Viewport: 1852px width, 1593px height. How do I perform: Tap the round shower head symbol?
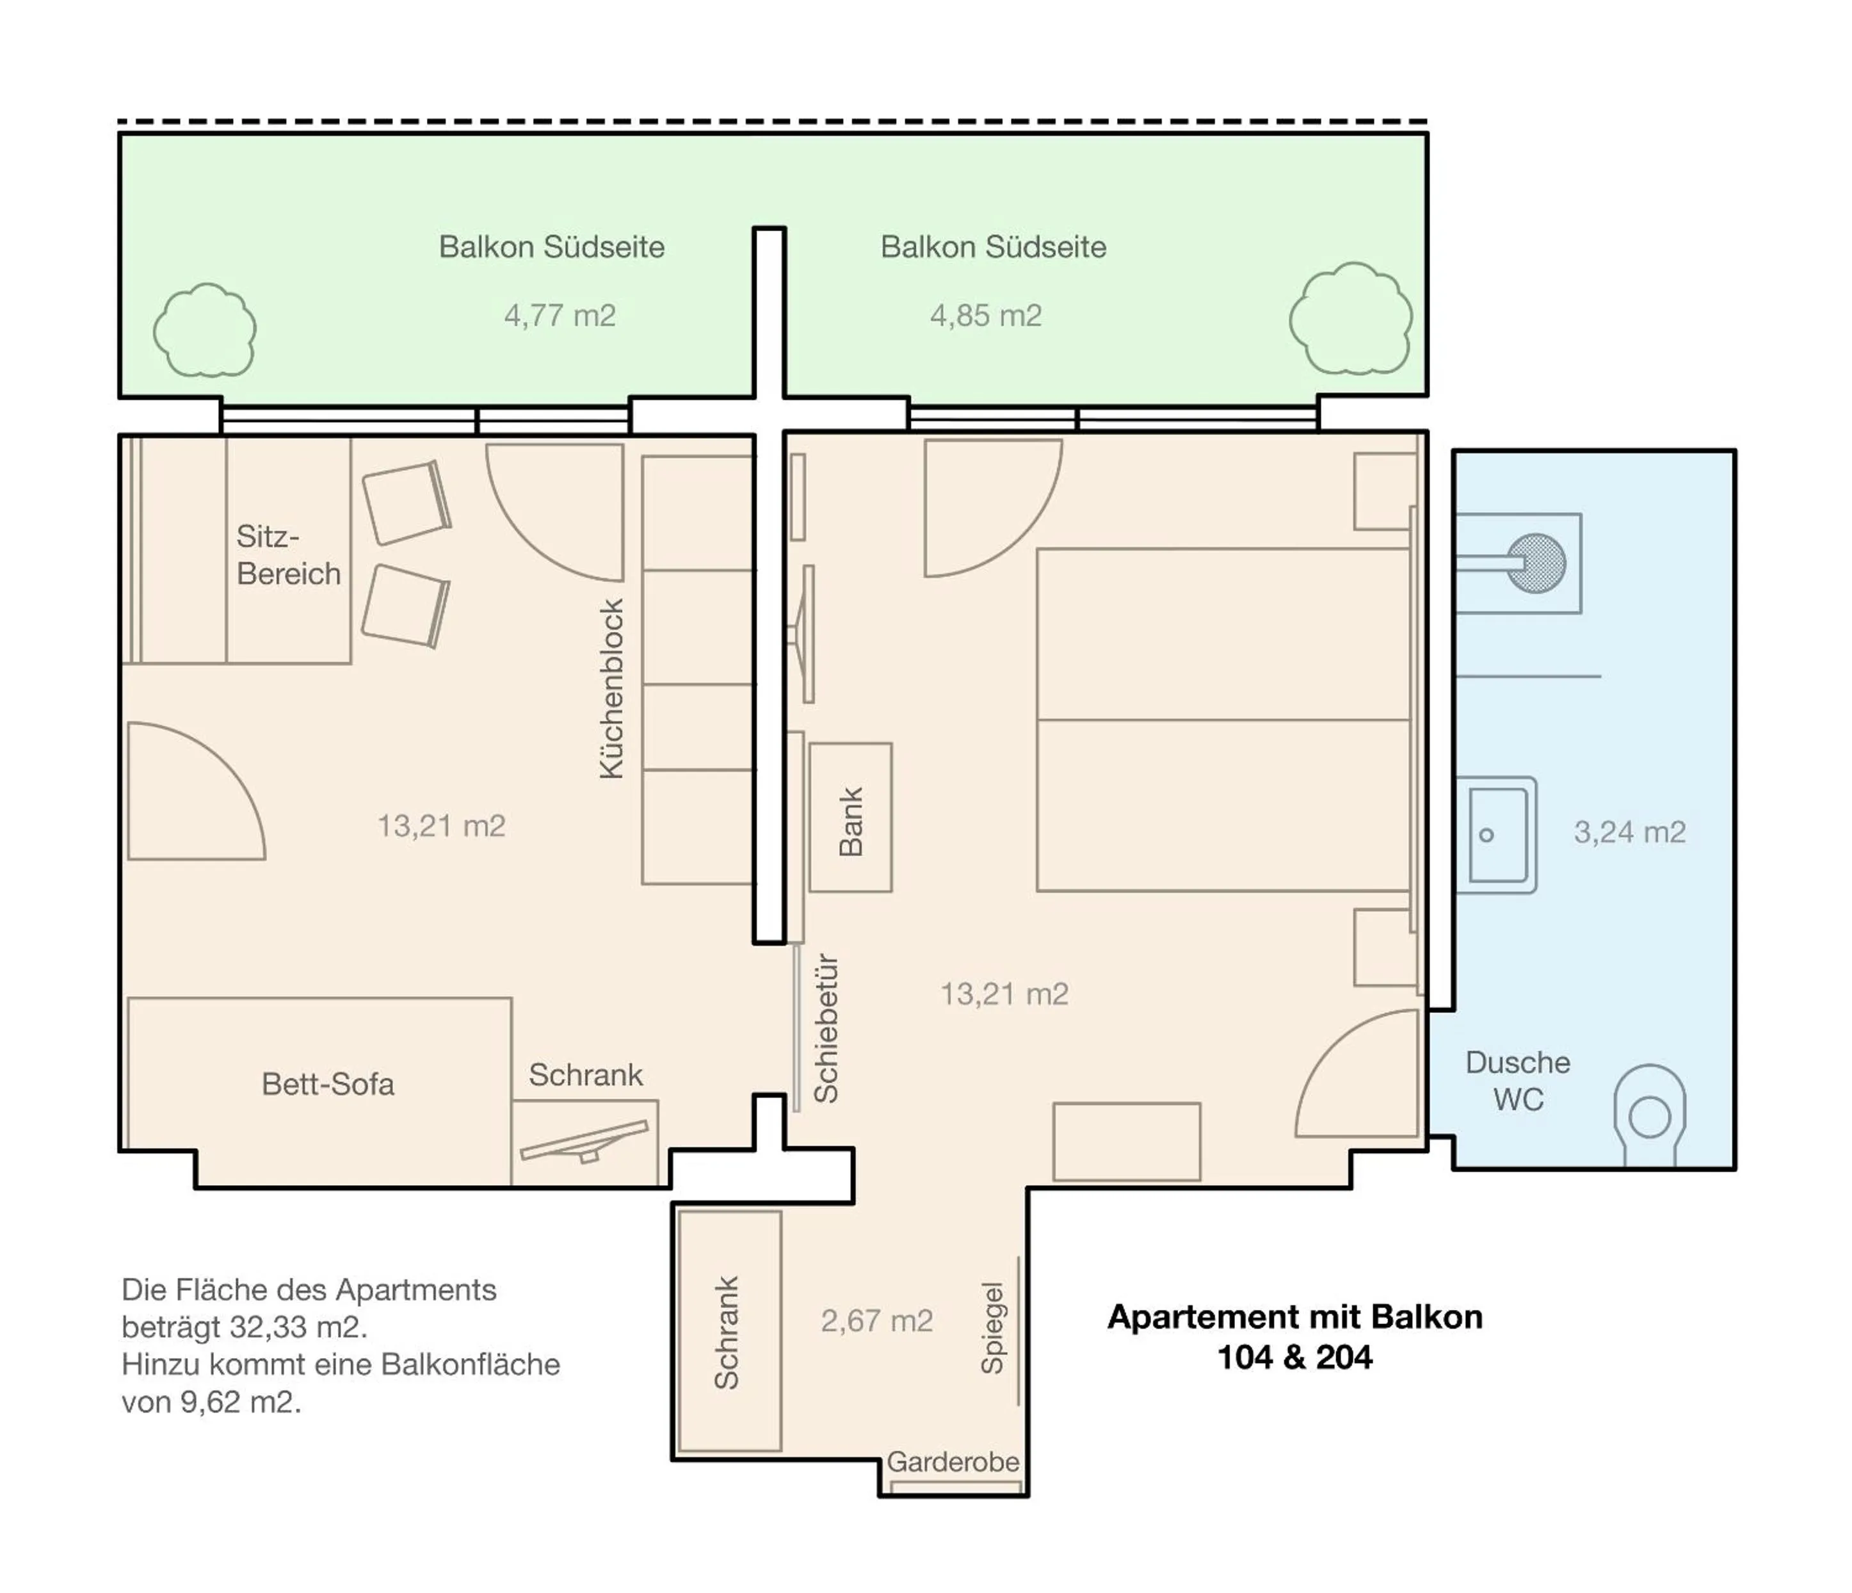point(1536,563)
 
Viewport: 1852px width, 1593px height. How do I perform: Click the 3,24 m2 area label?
point(1629,832)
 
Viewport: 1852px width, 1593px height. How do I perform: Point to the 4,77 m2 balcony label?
point(560,316)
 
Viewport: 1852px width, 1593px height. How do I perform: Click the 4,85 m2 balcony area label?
point(985,316)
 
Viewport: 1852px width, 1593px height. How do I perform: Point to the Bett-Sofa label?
point(327,1085)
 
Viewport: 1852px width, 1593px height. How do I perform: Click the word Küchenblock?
point(611,689)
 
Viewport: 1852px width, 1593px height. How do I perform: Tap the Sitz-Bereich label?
point(288,555)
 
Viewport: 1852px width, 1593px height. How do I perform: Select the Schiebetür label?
point(826,1029)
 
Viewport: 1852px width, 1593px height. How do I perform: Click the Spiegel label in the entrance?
point(992,1327)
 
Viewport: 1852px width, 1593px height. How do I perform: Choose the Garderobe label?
point(952,1462)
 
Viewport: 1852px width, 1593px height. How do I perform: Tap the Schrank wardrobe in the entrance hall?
point(729,1331)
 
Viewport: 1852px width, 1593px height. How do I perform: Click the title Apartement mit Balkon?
point(1294,1317)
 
